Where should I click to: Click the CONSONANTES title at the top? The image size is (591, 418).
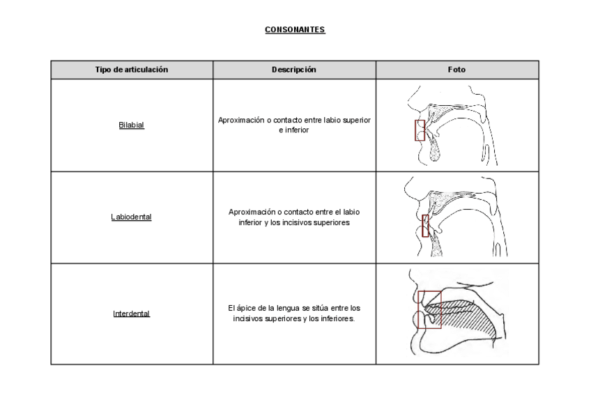coord(295,30)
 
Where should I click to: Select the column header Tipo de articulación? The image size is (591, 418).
coord(132,70)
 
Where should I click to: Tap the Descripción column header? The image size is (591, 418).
coord(294,70)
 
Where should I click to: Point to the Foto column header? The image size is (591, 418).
coord(457,70)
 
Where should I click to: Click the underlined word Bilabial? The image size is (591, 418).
coord(132,126)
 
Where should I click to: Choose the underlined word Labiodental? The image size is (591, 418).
coord(132,217)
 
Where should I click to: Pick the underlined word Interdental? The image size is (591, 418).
coord(132,313)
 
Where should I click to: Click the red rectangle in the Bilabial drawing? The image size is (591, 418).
coord(420,130)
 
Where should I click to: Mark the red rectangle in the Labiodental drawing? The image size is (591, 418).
coord(425,226)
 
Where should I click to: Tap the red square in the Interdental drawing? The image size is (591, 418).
coord(430,309)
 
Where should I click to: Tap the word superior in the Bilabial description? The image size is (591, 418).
coord(356,121)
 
